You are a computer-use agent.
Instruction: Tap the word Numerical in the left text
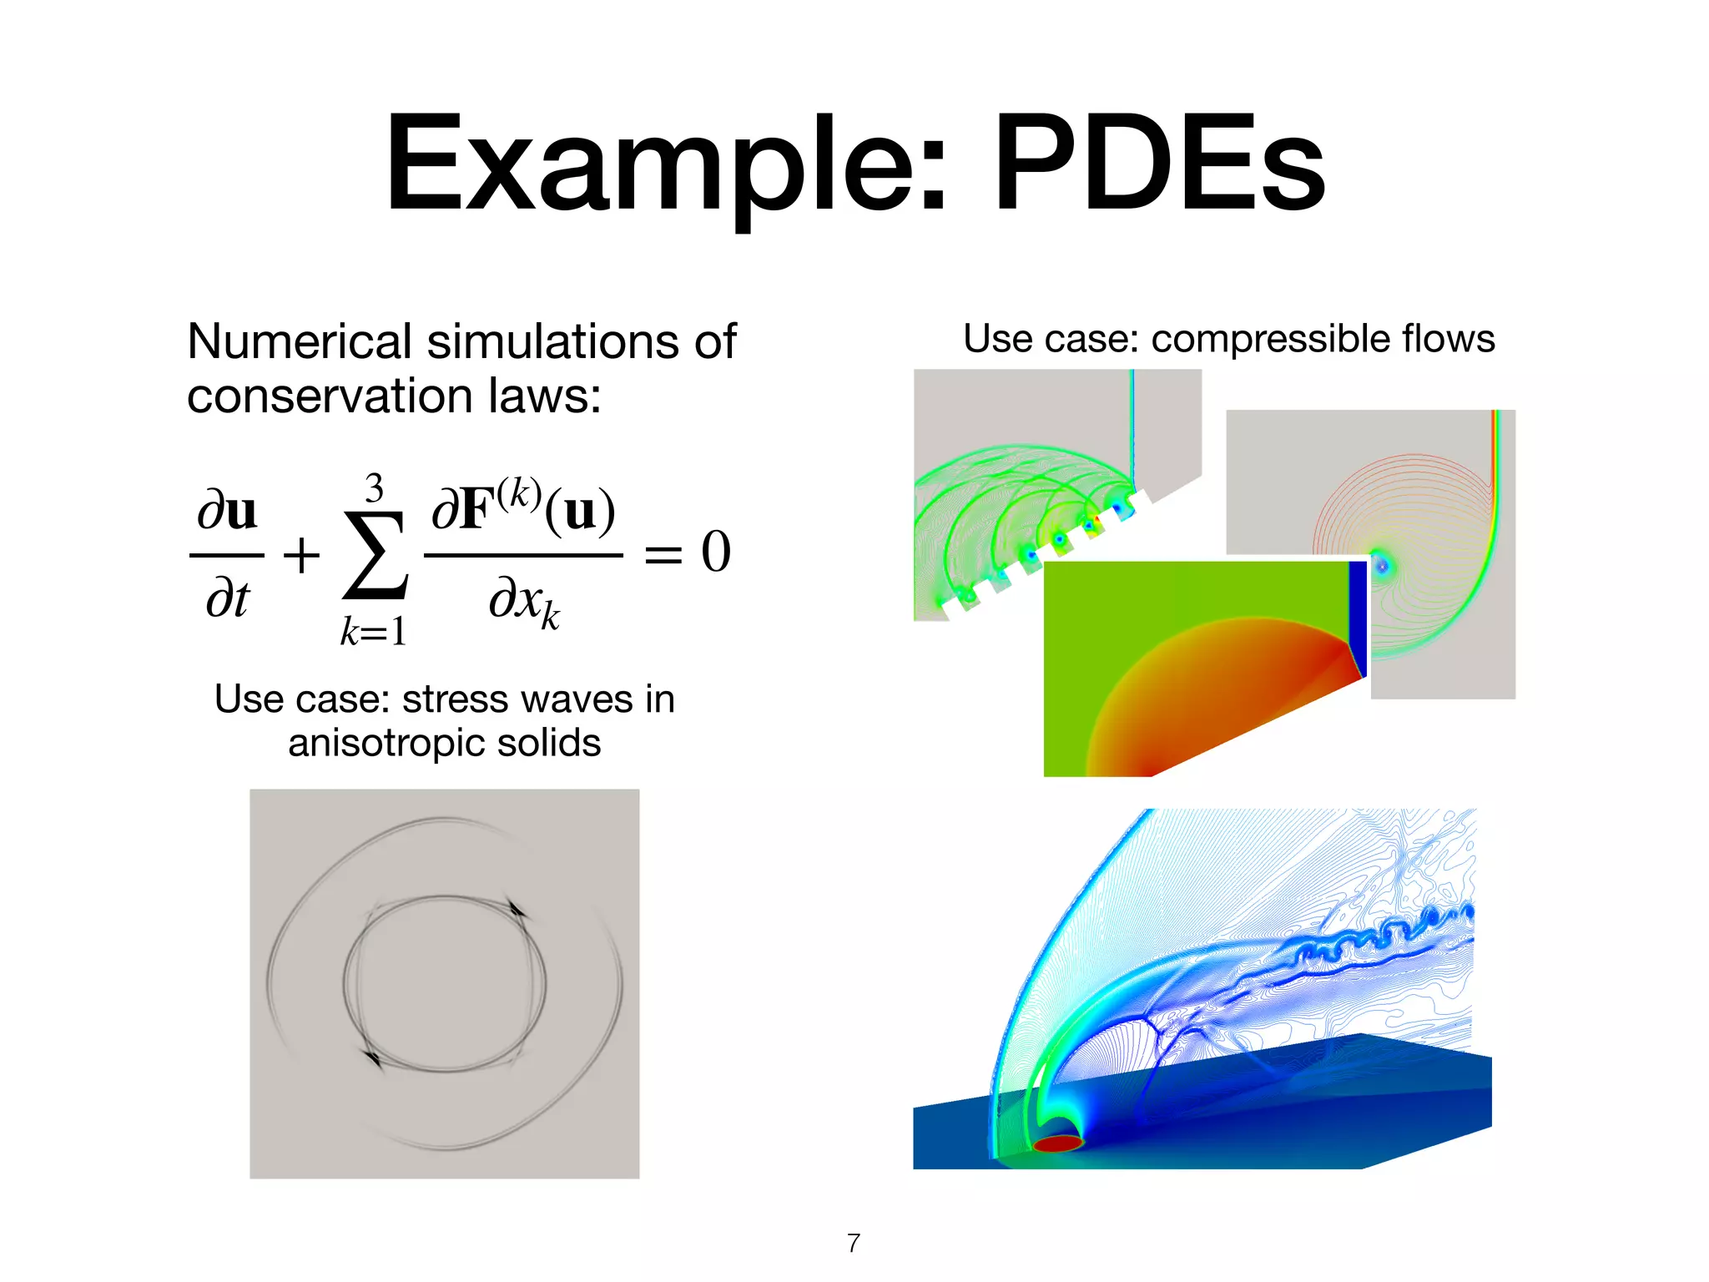coord(300,342)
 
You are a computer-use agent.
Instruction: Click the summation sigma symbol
coord(376,555)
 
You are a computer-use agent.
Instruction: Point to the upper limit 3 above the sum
coord(375,488)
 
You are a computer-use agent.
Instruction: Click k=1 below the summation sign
coord(373,631)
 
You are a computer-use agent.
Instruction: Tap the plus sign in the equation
coord(301,556)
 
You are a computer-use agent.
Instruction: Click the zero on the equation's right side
coord(716,553)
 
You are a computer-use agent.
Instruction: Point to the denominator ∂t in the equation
coord(227,598)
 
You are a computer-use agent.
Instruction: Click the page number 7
coord(853,1243)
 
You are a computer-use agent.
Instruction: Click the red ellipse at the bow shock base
coord(1058,1143)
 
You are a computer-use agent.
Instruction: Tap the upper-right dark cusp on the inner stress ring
coord(516,909)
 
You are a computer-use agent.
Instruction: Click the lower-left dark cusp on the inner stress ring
coord(373,1059)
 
